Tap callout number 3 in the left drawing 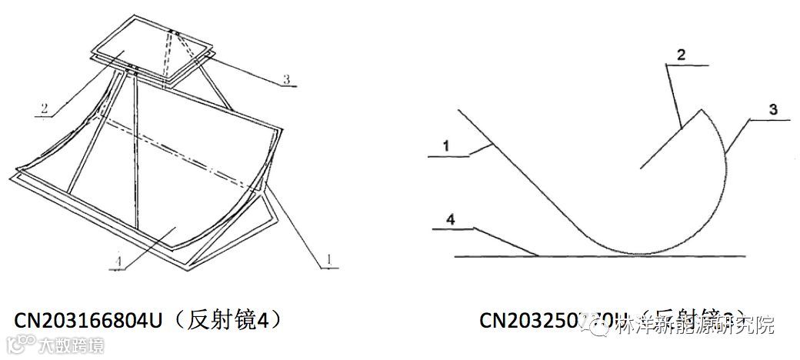click(286, 79)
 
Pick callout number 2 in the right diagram click(681, 55)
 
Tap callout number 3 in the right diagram click(772, 109)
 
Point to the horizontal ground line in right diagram click(600, 255)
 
